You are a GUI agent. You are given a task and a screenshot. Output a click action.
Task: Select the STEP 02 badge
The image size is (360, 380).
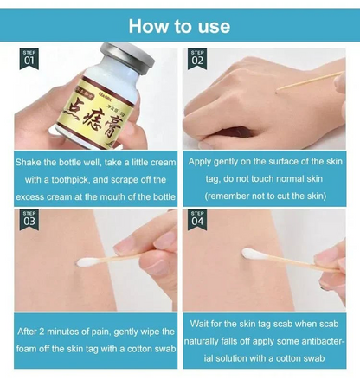[197, 59]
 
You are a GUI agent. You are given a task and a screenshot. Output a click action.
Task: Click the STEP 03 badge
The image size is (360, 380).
[29, 219]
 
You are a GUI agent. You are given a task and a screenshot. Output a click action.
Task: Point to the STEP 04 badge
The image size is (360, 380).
[197, 219]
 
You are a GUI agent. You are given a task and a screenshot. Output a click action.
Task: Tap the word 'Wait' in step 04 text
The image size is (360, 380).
[201, 324]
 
